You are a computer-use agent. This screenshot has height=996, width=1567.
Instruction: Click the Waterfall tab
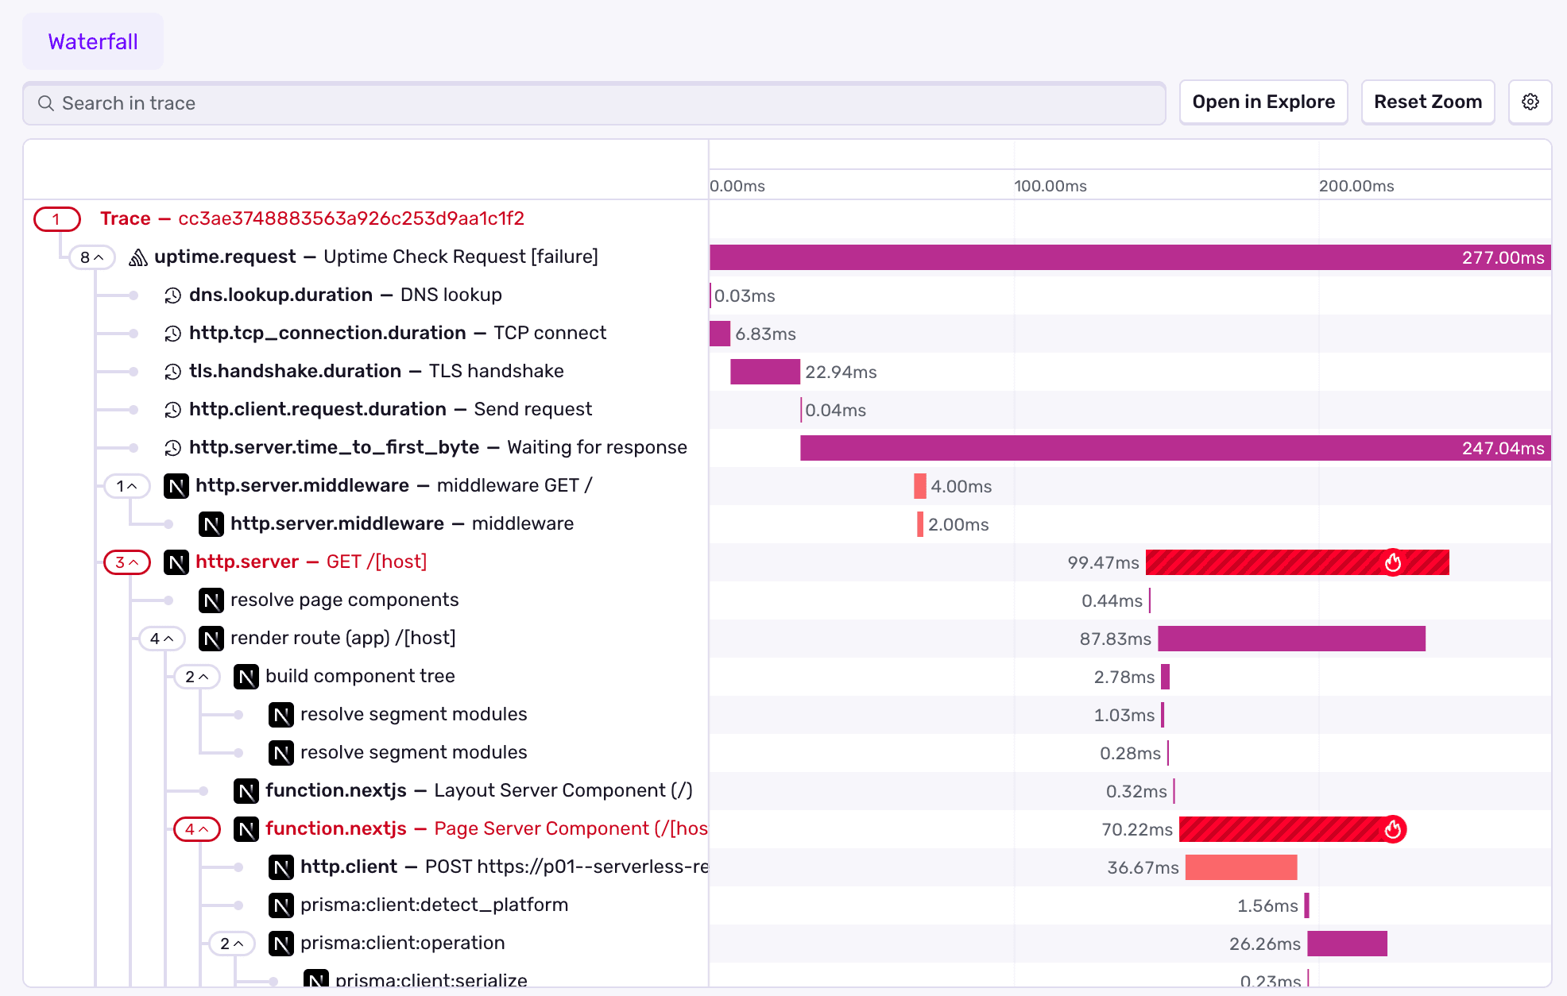click(93, 41)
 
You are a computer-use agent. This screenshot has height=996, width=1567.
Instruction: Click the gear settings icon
click(1530, 102)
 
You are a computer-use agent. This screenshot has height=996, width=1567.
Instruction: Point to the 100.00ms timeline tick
click(1050, 186)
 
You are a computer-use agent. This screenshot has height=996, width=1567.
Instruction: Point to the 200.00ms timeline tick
click(1356, 186)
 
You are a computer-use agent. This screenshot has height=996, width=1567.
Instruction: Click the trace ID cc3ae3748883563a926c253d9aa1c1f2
click(351, 218)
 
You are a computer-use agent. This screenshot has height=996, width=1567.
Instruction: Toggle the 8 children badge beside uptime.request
click(92, 257)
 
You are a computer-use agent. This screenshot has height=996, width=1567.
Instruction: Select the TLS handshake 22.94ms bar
click(764, 372)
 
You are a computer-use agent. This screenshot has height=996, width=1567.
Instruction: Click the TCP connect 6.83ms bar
click(720, 334)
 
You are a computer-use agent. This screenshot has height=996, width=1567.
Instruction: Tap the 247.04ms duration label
click(1503, 448)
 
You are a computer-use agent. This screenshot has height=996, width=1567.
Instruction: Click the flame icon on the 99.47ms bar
click(1392, 562)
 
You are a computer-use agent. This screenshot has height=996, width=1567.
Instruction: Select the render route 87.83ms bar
click(1291, 639)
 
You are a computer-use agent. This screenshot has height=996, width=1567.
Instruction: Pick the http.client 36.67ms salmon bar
click(1240, 867)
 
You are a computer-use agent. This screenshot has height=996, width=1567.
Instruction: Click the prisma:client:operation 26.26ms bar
click(1347, 944)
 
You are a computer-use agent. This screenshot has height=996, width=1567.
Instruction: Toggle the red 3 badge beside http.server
click(127, 562)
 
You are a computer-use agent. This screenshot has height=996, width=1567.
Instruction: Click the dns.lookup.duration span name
click(281, 295)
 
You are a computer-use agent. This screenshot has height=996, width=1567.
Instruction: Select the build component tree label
click(360, 676)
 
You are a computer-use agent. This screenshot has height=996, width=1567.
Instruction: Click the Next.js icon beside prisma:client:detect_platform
click(281, 905)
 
